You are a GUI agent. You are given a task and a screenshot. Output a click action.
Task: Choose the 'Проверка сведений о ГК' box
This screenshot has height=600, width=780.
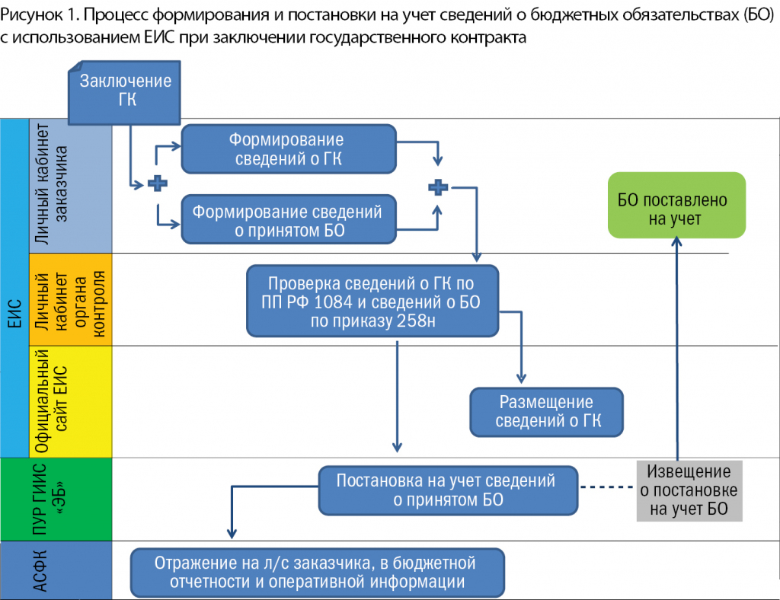coord(372,302)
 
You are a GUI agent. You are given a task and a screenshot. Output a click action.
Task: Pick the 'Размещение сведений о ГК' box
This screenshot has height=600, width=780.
coord(545,411)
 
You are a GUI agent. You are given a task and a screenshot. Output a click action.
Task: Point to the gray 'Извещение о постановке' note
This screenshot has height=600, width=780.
coord(689,490)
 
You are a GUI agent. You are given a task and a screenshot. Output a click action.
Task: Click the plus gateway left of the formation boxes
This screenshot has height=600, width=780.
coord(157,184)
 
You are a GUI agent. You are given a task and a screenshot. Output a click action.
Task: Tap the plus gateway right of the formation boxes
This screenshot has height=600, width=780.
coord(438,187)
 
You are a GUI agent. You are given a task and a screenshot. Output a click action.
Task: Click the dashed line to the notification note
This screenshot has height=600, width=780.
coord(606,489)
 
